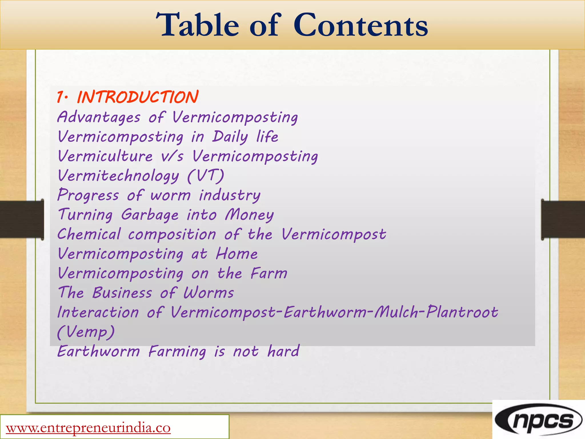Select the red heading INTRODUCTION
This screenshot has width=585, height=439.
(x=137, y=97)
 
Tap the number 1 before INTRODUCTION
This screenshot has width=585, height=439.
(x=60, y=97)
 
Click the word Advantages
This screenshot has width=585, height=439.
(x=99, y=117)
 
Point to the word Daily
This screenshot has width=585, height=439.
(x=230, y=137)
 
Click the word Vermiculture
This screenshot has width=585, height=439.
(x=105, y=156)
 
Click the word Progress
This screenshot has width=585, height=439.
(x=88, y=195)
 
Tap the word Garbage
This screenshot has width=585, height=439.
(x=150, y=215)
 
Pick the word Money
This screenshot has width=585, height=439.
(x=249, y=215)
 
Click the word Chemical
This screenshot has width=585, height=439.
(x=89, y=234)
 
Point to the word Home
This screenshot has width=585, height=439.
(x=237, y=254)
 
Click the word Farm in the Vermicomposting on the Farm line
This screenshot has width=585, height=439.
(x=269, y=273)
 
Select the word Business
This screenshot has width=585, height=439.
(x=122, y=293)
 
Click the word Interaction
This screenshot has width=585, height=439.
(x=98, y=312)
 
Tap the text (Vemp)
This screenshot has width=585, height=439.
(x=86, y=332)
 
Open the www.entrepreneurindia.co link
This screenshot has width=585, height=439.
(x=88, y=428)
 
